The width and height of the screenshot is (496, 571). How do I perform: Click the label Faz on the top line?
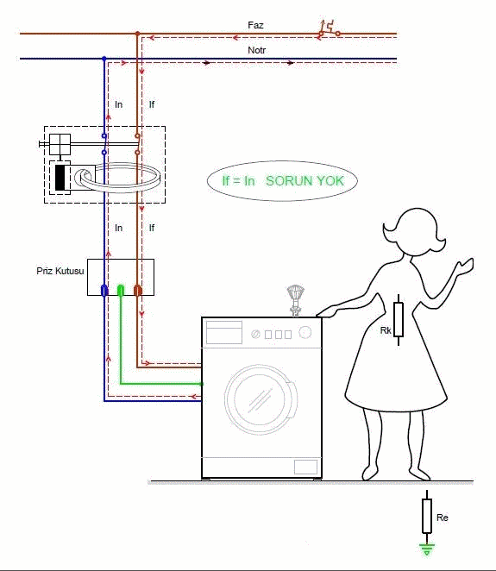tap(255, 25)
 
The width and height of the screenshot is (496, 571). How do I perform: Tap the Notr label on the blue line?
tap(256, 50)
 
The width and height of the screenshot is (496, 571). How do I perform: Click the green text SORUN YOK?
tap(305, 180)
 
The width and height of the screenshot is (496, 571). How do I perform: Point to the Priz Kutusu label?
tap(60, 271)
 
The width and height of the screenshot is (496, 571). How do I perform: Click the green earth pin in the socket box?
tap(121, 290)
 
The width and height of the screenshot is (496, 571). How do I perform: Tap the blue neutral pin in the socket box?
tap(104, 290)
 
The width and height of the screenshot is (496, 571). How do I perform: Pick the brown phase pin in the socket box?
tap(137, 290)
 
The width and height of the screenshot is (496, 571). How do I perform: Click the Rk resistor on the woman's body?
tap(399, 319)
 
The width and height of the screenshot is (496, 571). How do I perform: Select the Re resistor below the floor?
tap(427, 516)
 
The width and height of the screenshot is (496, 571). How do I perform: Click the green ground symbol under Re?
tap(427, 549)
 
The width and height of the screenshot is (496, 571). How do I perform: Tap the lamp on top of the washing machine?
tap(295, 301)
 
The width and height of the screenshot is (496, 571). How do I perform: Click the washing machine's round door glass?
tap(260, 398)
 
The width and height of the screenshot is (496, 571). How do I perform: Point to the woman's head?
tap(414, 232)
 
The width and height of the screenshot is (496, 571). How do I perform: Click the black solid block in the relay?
tap(60, 178)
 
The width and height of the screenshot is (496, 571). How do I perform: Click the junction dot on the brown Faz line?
tap(137, 34)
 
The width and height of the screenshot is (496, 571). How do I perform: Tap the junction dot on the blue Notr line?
tap(104, 59)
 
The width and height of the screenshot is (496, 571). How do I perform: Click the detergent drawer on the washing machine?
tap(224, 332)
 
